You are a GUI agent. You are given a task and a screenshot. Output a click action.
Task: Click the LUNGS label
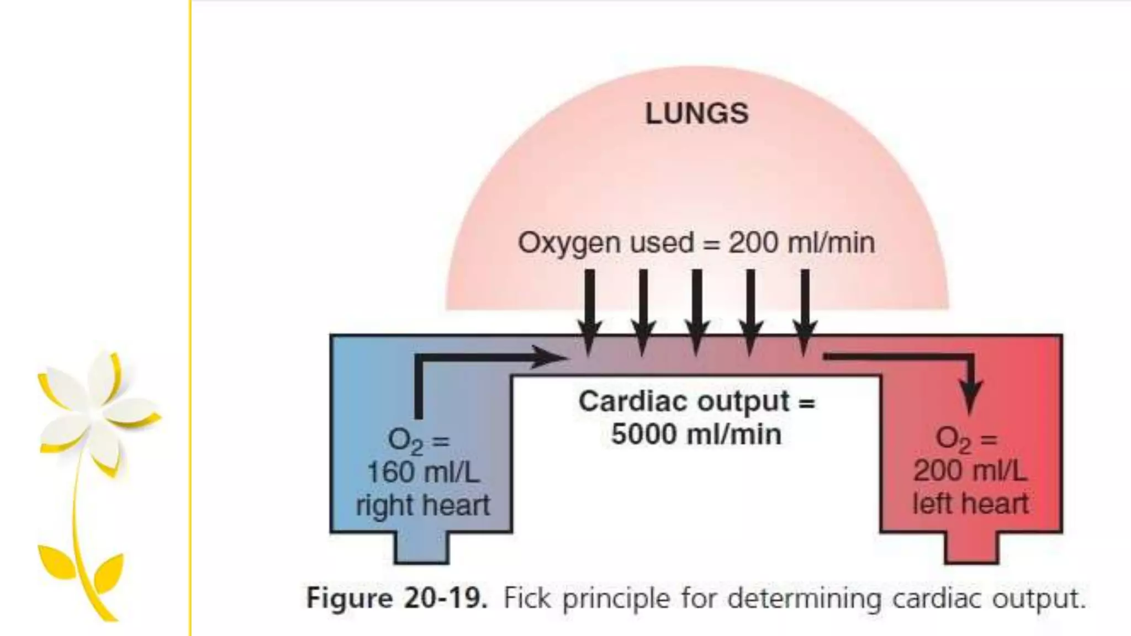coord(696,114)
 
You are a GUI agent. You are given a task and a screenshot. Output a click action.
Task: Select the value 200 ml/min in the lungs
coord(801,243)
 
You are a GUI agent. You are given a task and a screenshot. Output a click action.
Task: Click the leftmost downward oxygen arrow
coord(589,312)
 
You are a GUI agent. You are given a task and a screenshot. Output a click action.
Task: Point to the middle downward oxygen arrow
coord(696,312)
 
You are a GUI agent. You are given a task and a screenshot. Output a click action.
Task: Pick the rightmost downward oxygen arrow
coord(805,312)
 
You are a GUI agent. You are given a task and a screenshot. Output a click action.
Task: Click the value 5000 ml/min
coord(696,434)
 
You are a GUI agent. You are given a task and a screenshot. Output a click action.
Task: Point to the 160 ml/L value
coord(423,472)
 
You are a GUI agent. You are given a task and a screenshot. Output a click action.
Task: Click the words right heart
coord(423,505)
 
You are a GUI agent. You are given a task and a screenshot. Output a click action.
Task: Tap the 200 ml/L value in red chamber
coord(970,470)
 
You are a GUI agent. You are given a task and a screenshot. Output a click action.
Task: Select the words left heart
coord(970,504)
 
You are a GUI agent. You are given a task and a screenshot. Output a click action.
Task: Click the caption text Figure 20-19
coord(397,598)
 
